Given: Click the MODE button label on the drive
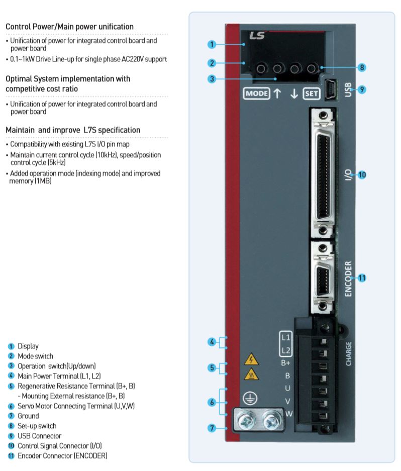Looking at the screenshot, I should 256,93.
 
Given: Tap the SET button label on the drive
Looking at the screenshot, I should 311,93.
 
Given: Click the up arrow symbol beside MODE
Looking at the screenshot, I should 277,93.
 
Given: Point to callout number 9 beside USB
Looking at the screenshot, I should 362,90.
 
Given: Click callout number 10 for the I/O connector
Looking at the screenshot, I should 362,175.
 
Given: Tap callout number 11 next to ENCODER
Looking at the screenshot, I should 362,277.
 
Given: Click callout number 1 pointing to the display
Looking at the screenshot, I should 212,44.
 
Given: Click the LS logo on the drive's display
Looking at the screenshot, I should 256,36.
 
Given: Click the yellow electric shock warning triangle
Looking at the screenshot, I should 251,359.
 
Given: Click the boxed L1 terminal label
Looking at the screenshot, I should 285,336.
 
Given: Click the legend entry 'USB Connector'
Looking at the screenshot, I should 39,436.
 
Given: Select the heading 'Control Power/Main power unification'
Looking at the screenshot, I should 69,27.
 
